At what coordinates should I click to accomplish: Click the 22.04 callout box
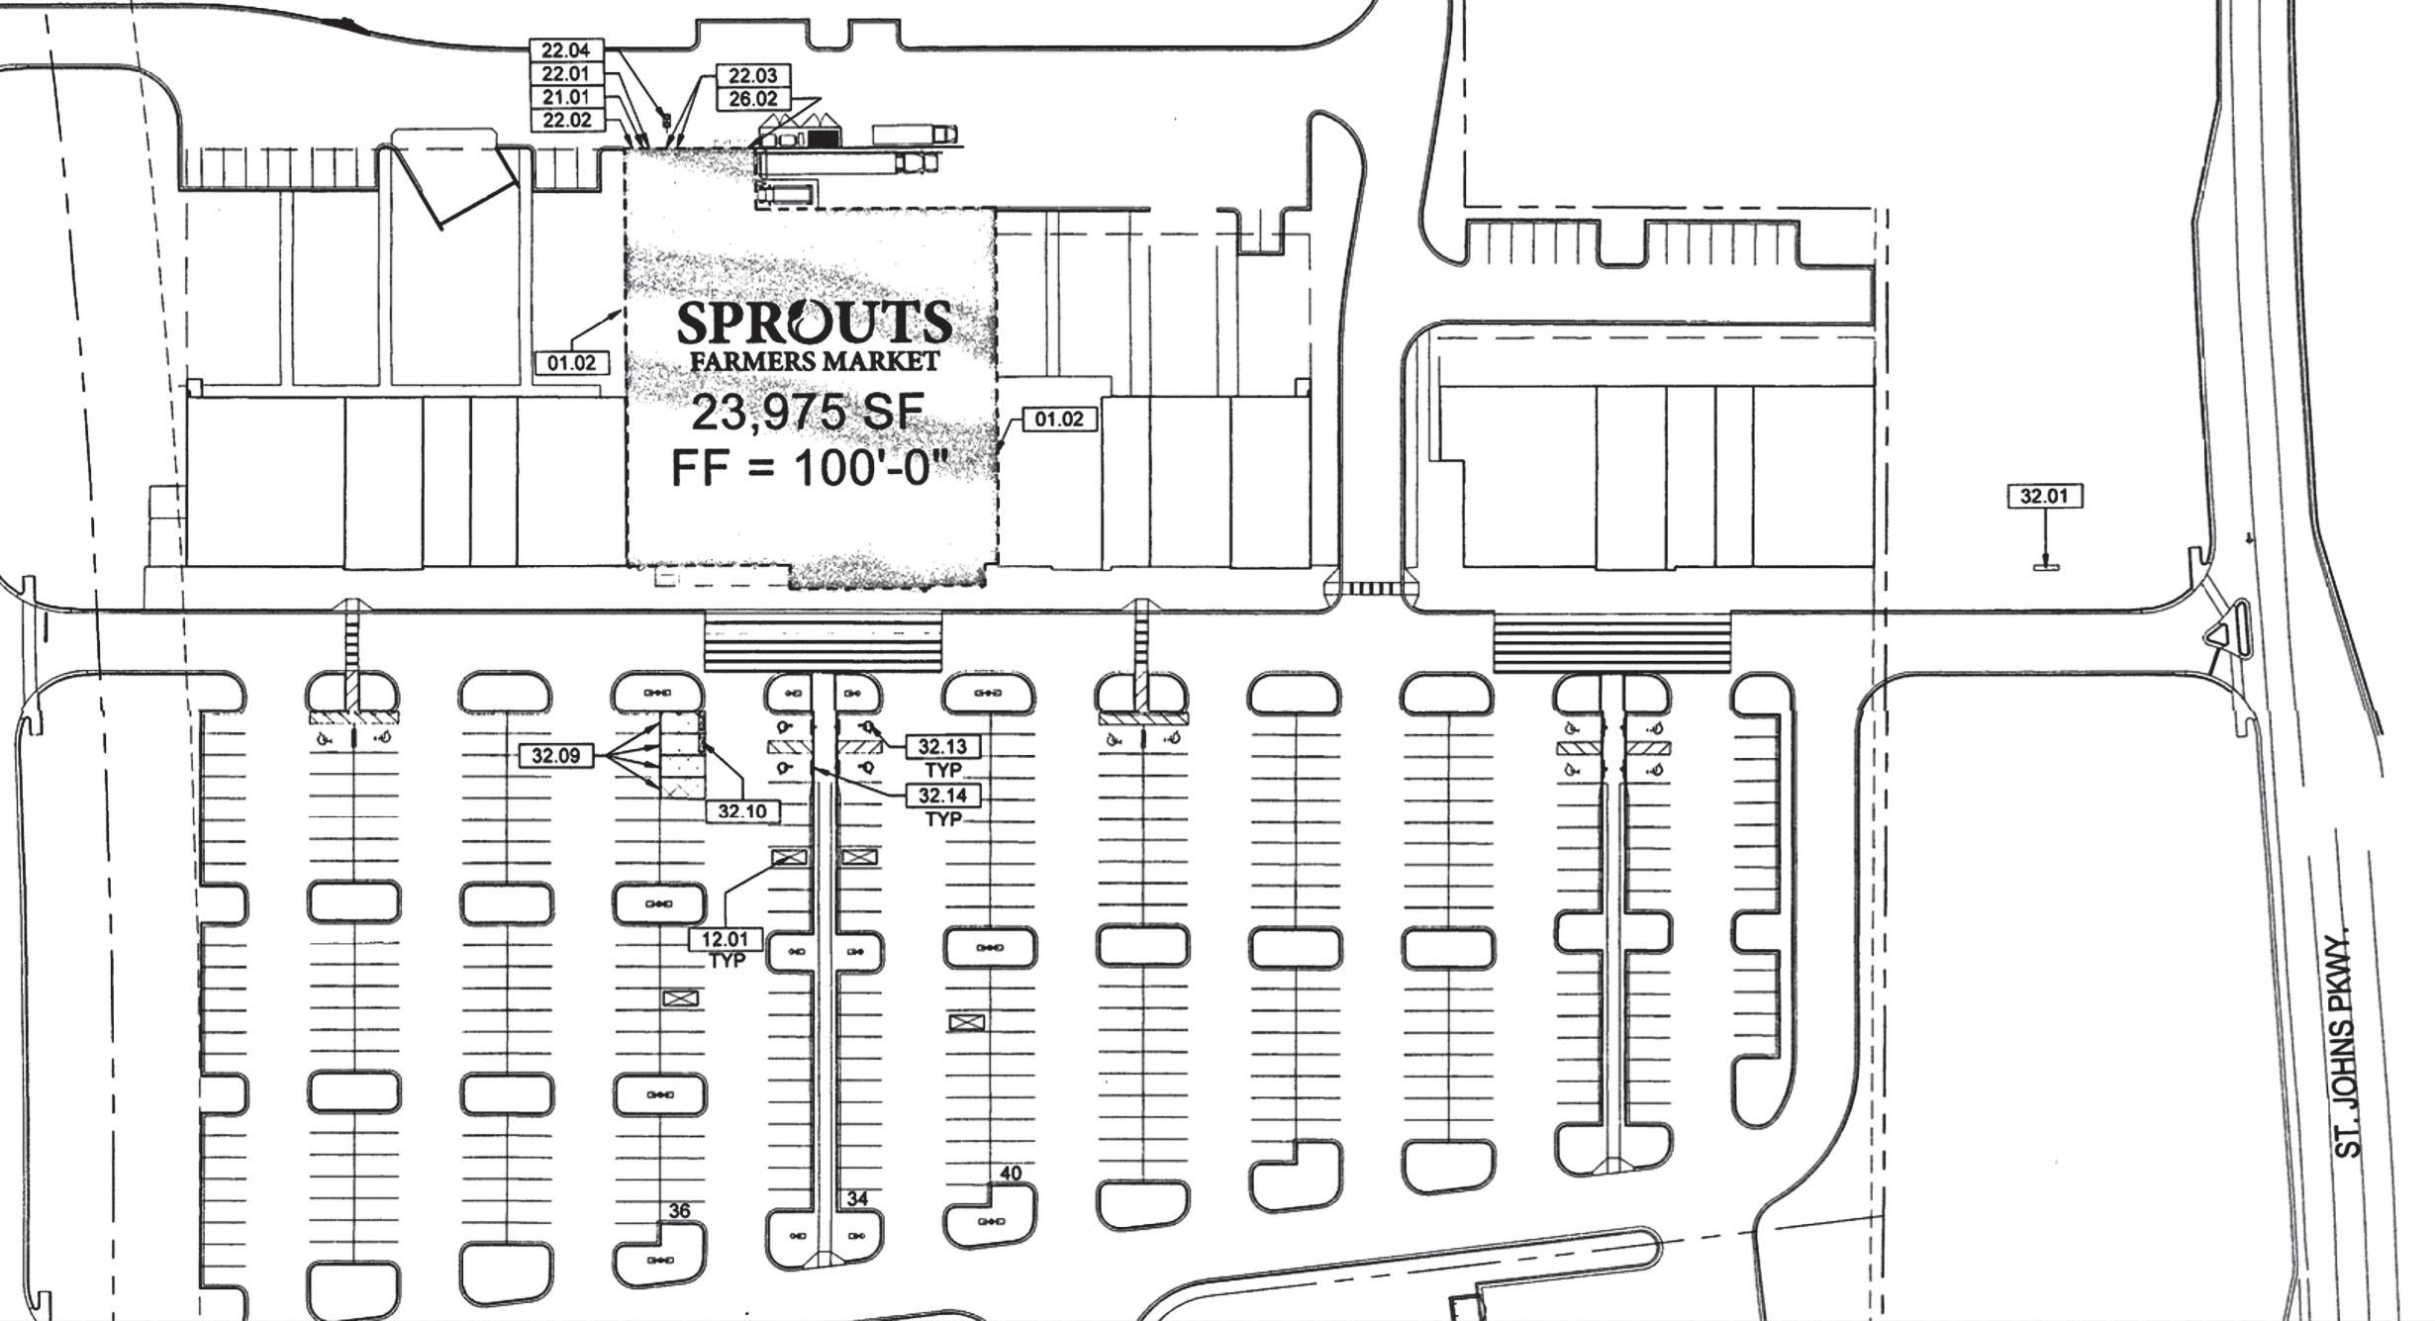[x=565, y=50]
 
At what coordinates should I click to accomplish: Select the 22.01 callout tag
[x=565, y=74]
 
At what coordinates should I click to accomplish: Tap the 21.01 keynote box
[x=565, y=97]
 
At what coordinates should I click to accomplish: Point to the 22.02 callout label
[x=565, y=121]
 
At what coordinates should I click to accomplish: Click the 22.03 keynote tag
[x=752, y=76]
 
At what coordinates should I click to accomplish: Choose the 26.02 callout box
[x=752, y=99]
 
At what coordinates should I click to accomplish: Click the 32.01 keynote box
[x=2044, y=496]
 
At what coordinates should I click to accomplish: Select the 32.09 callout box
[x=555, y=756]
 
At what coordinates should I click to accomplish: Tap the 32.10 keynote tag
[x=742, y=811]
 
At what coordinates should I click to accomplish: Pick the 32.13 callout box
[x=942, y=746]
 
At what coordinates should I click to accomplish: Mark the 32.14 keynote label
[x=942, y=796]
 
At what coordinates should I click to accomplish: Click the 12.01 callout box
[x=726, y=938]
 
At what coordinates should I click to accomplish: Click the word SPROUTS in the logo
[x=814, y=323]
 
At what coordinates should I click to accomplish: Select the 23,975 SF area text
[x=807, y=413]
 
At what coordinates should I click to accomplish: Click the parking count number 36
[x=679, y=1211]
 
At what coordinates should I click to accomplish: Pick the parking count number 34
[x=857, y=1199]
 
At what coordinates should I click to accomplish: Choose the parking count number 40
[x=1010, y=1174]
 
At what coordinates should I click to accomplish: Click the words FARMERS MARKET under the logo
[x=814, y=361]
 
